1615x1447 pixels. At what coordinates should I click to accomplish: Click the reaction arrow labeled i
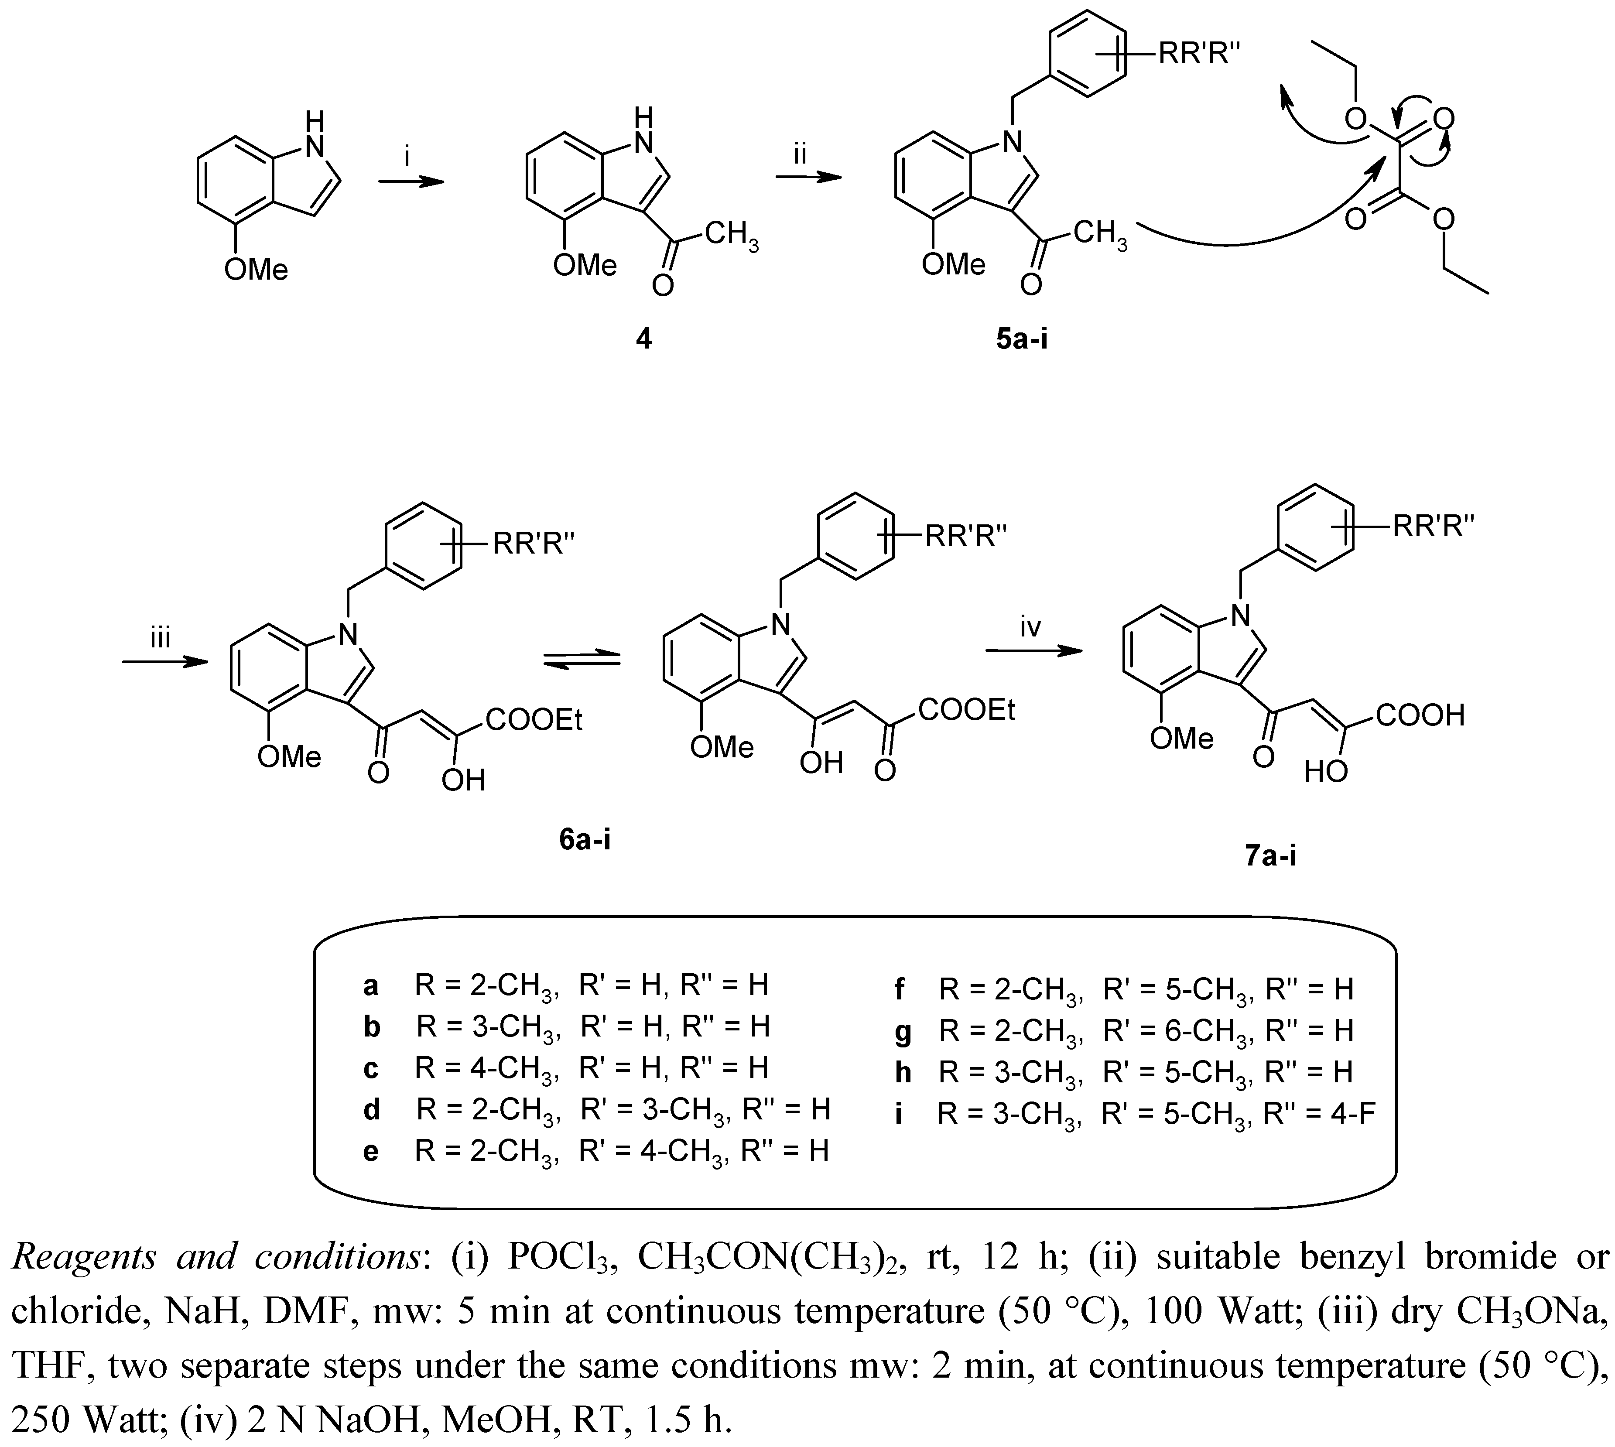click(x=410, y=181)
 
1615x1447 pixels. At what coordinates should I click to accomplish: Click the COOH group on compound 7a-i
click(x=1420, y=715)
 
